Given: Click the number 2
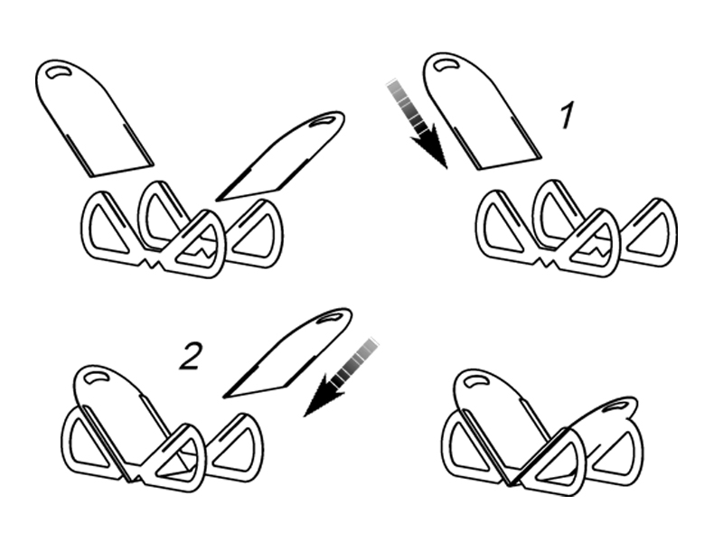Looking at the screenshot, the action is [191, 355].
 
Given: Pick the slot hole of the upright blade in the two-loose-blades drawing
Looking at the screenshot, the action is [59, 71].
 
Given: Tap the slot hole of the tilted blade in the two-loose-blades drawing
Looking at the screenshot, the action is [322, 121].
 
